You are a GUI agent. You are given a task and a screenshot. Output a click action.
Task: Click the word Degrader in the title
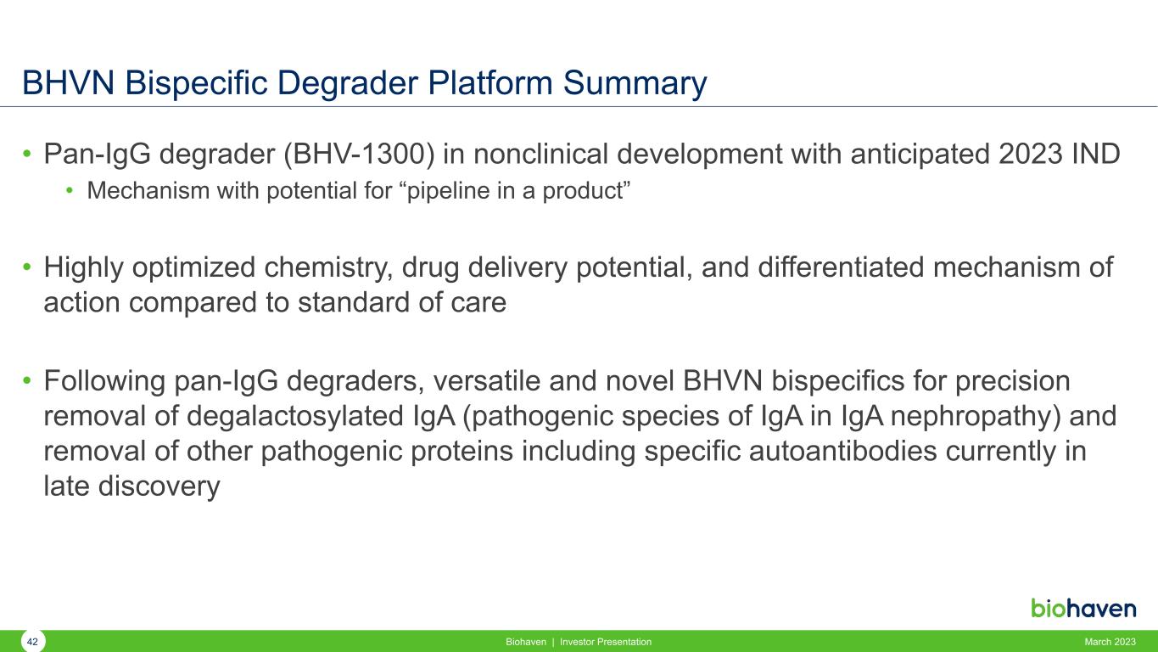pyautogui.click(x=348, y=83)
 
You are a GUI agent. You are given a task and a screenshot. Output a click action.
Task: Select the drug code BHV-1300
pyautogui.click(x=359, y=155)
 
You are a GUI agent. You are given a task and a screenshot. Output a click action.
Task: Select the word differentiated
pyautogui.click(x=841, y=267)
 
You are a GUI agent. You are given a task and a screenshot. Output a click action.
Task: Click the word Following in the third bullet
pyautogui.click(x=104, y=382)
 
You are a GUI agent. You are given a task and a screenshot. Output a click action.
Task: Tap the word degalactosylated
pyautogui.click(x=294, y=417)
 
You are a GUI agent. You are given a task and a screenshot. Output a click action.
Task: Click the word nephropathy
pyautogui.click(x=975, y=417)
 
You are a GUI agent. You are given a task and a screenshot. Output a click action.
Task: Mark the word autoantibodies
pyautogui.click(x=842, y=452)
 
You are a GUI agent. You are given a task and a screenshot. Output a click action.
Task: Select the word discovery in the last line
pyautogui.click(x=159, y=487)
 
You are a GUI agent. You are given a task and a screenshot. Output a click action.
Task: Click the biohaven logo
pyautogui.click(x=1083, y=608)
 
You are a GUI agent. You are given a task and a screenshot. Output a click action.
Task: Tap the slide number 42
pyautogui.click(x=32, y=642)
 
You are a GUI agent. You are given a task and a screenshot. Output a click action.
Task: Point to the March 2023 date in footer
pyautogui.click(x=1110, y=642)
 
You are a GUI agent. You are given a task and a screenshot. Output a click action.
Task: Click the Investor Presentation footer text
pyautogui.click(x=606, y=642)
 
